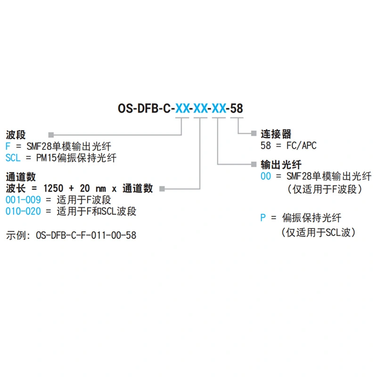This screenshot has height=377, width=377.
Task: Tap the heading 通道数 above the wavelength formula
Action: click(21, 177)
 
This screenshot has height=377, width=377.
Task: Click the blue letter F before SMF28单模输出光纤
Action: click(8, 146)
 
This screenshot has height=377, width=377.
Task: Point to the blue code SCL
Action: click(13, 157)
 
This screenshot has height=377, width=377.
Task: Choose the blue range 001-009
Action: click(23, 200)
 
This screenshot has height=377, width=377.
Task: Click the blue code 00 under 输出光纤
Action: click(266, 176)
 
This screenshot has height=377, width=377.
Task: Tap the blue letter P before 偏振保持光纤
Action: click(263, 218)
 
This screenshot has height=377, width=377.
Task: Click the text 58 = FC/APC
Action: click(288, 146)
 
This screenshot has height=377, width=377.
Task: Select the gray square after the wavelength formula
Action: click(162, 188)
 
